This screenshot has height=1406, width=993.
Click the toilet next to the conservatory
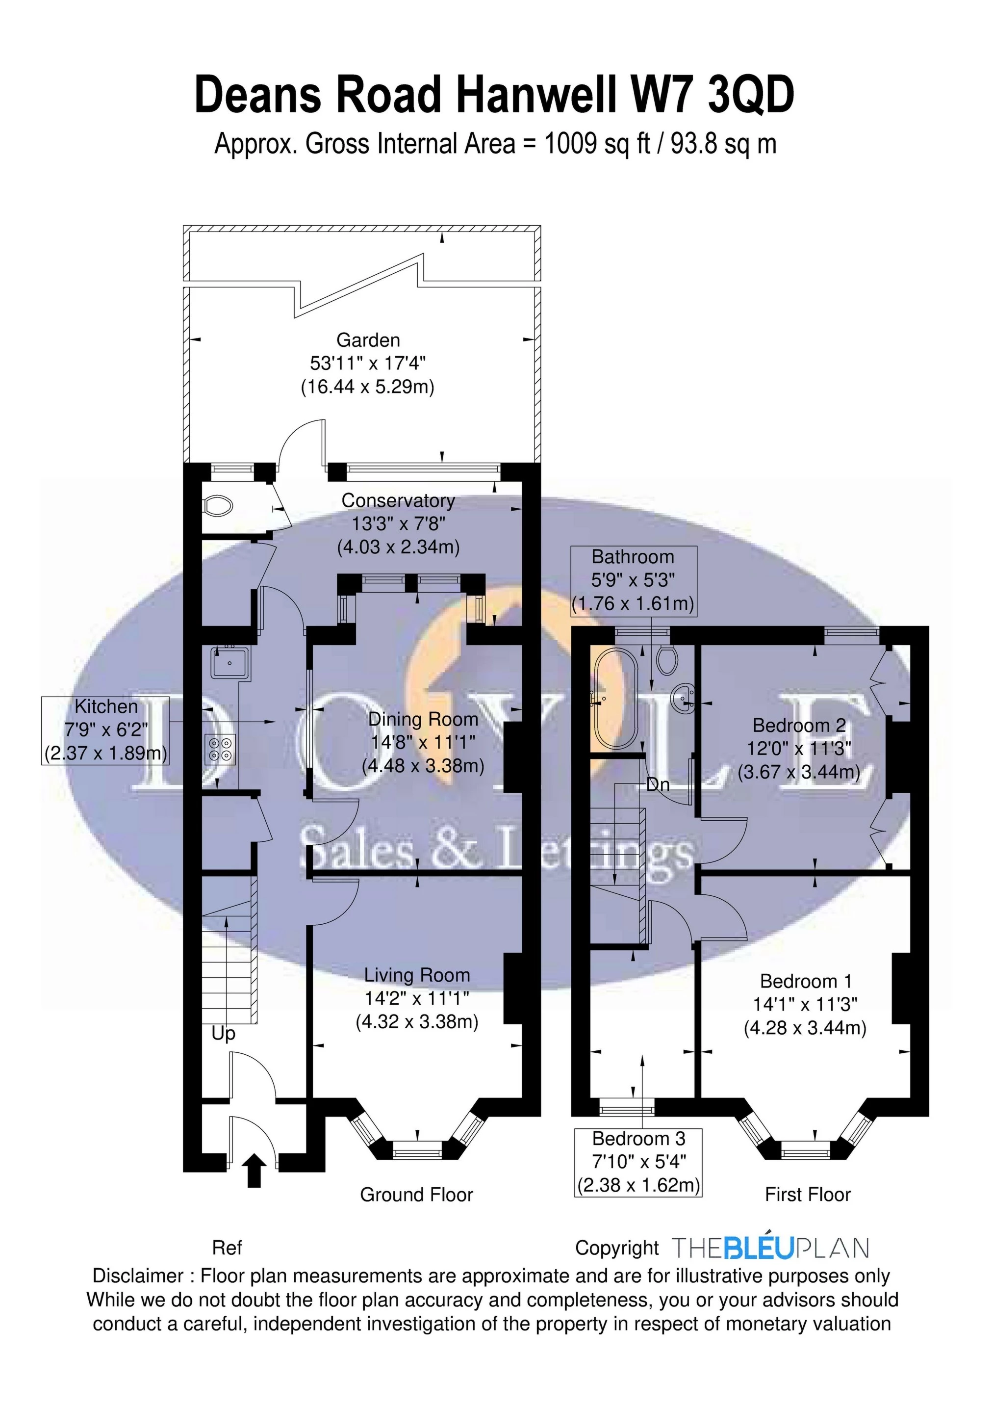click(219, 506)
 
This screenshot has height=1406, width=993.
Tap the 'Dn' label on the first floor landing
click(658, 784)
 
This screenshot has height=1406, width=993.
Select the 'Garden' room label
click(368, 340)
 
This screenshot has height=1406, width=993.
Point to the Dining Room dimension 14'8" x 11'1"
click(423, 742)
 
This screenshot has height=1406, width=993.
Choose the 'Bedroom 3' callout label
click(638, 1139)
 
